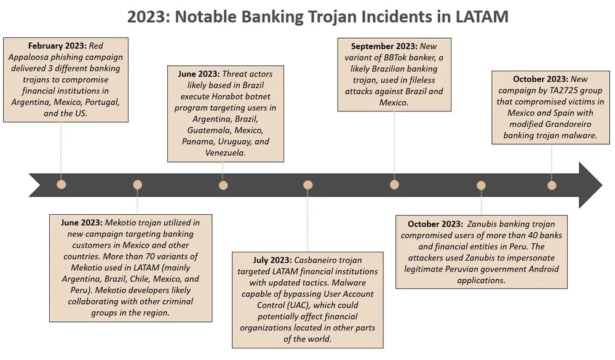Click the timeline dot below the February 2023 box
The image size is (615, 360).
(60, 185)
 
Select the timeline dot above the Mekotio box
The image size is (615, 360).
(137, 185)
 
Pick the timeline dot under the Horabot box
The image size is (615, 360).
(223, 185)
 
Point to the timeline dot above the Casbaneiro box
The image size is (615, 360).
(308, 185)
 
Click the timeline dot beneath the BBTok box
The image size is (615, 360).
(394, 185)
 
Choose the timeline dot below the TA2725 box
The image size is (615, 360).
(552, 185)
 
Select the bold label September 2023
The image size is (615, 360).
(384, 46)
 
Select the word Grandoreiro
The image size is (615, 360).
(559, 124)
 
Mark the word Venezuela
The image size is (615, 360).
(225, 153)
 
